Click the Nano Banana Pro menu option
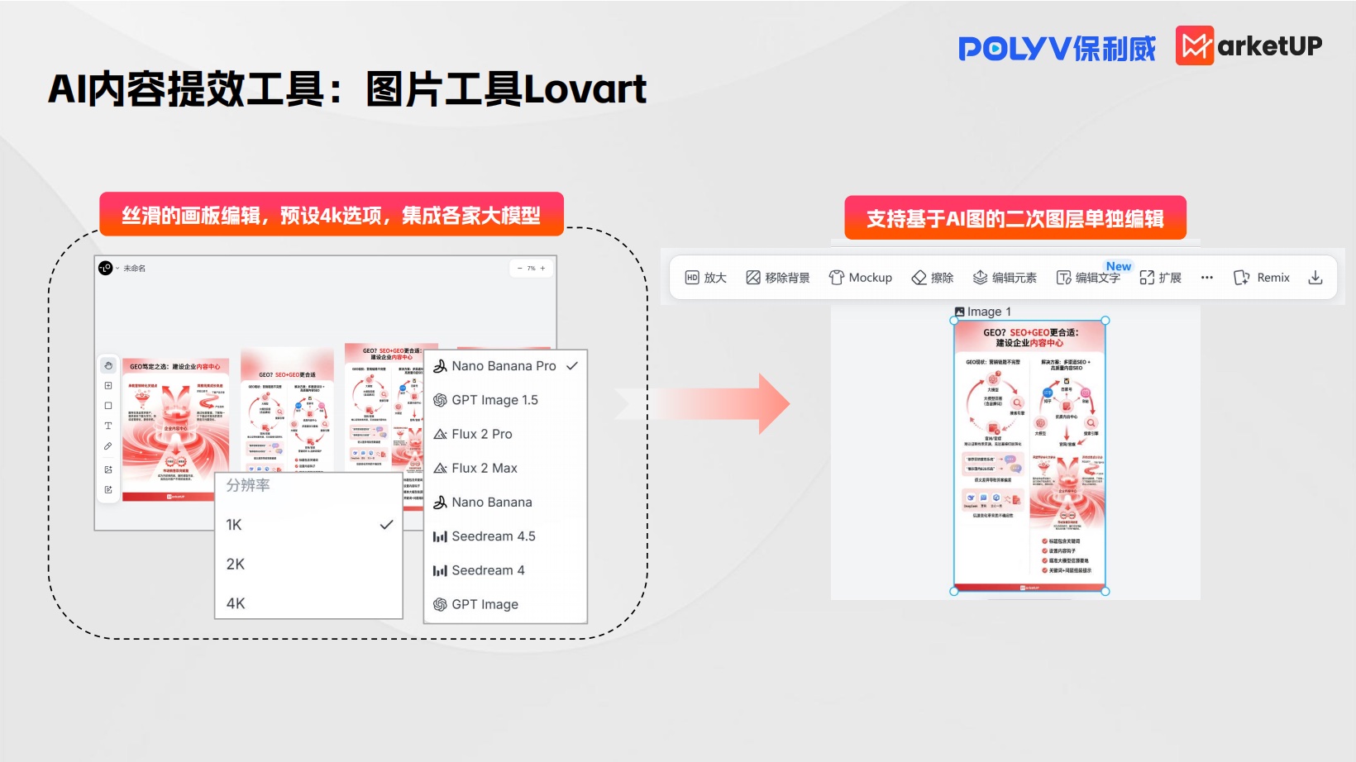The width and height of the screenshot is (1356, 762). click(503, 366)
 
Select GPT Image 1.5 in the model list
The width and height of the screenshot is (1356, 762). click(494, 400)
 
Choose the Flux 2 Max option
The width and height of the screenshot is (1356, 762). click(484, 468)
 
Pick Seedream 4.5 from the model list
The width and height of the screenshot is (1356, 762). click(493, 536)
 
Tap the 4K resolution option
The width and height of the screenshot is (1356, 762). click(236, 603)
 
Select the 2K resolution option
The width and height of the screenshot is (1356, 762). click(236, 564)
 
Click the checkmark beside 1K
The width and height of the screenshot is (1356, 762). click(386, 525)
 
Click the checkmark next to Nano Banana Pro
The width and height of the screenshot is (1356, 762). click(572, 366)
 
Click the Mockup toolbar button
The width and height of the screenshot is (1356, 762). click(861, 278)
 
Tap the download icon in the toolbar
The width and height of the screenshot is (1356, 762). click(1315, 278)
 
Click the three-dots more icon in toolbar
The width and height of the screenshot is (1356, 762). click(1207, 278)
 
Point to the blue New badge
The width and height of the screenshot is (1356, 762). click(1119, 266)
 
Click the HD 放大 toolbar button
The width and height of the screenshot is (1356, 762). click(705, 278)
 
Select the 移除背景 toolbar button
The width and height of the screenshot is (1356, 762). click(778, 278)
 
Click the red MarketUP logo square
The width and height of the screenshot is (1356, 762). click(1195, 45)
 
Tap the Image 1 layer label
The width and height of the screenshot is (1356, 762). click(983, 312)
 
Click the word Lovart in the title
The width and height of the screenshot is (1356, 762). click(585, 89)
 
